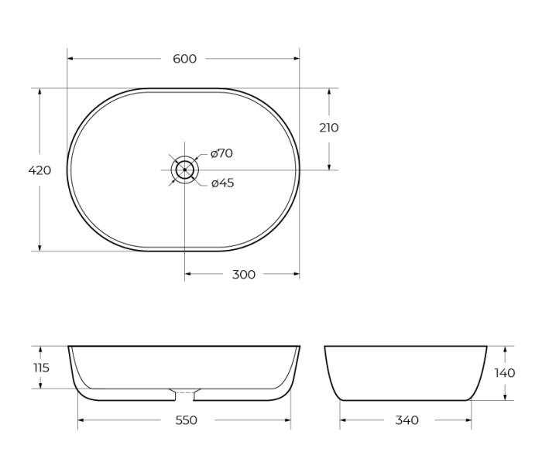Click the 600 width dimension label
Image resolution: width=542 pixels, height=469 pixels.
click(x=184, y=59)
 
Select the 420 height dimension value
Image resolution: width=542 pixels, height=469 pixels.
click(x=39, y=170)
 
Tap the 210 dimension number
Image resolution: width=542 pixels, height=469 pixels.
click(x=329, y=128)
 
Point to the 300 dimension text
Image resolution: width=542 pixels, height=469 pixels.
click(x=244, y=275)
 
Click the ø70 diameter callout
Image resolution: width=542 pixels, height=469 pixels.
click(x=221, y=153)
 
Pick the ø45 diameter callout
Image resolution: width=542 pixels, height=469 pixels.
click(x=222, y=183)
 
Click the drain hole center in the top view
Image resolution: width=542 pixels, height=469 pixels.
click(x=185, y=169)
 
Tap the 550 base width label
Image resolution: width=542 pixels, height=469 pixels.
click(x=186, y=420)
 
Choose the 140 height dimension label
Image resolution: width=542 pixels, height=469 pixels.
click(x=505, y=373)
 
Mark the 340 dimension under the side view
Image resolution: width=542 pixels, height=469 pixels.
click(x=406, y=420)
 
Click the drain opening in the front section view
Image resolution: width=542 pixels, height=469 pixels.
click(x=184, y=395)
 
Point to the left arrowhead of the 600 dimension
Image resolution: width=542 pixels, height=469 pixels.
click(x=70, y=59)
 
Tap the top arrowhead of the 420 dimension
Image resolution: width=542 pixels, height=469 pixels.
click(x=39, y=91)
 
